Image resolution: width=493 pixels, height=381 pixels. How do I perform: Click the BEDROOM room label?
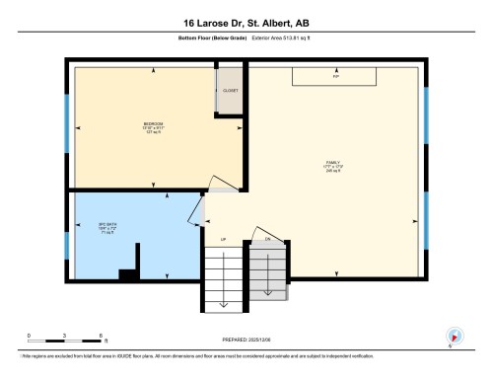click(152, 126)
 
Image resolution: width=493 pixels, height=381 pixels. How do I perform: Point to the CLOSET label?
click(230, 91)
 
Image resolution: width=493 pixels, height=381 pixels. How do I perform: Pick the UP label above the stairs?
click(223, 240)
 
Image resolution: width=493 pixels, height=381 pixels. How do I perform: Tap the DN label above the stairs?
click(267, 240)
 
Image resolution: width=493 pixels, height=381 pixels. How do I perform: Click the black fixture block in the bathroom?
click(127, 274)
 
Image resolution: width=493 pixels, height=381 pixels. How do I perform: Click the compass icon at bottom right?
click(454, 336)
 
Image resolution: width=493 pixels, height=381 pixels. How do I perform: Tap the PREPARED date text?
click(246, 341)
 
